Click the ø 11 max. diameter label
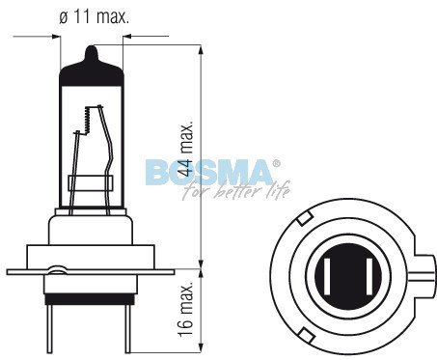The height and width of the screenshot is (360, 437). (x=94, y=16)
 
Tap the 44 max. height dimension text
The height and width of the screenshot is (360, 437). (x=186, y=149)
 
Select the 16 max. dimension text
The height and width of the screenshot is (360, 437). (x=186, y=310)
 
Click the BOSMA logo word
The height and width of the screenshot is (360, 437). (x=208, y=173)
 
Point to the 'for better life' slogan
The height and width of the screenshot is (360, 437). (x=236, y=190)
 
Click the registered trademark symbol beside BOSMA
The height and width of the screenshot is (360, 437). (x=277, y=163)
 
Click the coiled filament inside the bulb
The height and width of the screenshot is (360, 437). (x=87, y=120)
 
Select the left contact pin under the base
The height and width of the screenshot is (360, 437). (x=49, y=328)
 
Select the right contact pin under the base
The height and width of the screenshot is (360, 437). (x=127, y=328)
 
